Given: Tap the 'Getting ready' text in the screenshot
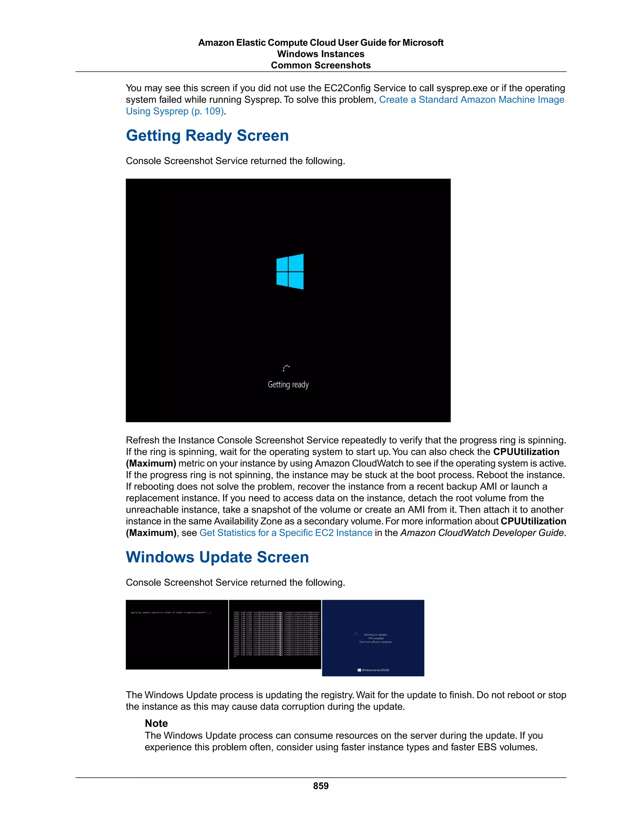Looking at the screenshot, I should point(288,385).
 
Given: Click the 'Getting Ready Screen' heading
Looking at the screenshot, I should point(207,136).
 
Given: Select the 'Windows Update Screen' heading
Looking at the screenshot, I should point(217,557).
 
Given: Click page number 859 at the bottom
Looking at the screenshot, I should point(321,786).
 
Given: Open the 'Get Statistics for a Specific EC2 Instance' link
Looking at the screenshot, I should point(286,533).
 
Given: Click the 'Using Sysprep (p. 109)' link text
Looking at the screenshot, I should point(175,112).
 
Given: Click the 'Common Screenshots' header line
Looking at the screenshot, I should point(321,65).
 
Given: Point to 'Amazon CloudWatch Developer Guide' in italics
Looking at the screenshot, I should point(482,533).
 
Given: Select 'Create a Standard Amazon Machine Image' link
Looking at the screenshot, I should point(471,100).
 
